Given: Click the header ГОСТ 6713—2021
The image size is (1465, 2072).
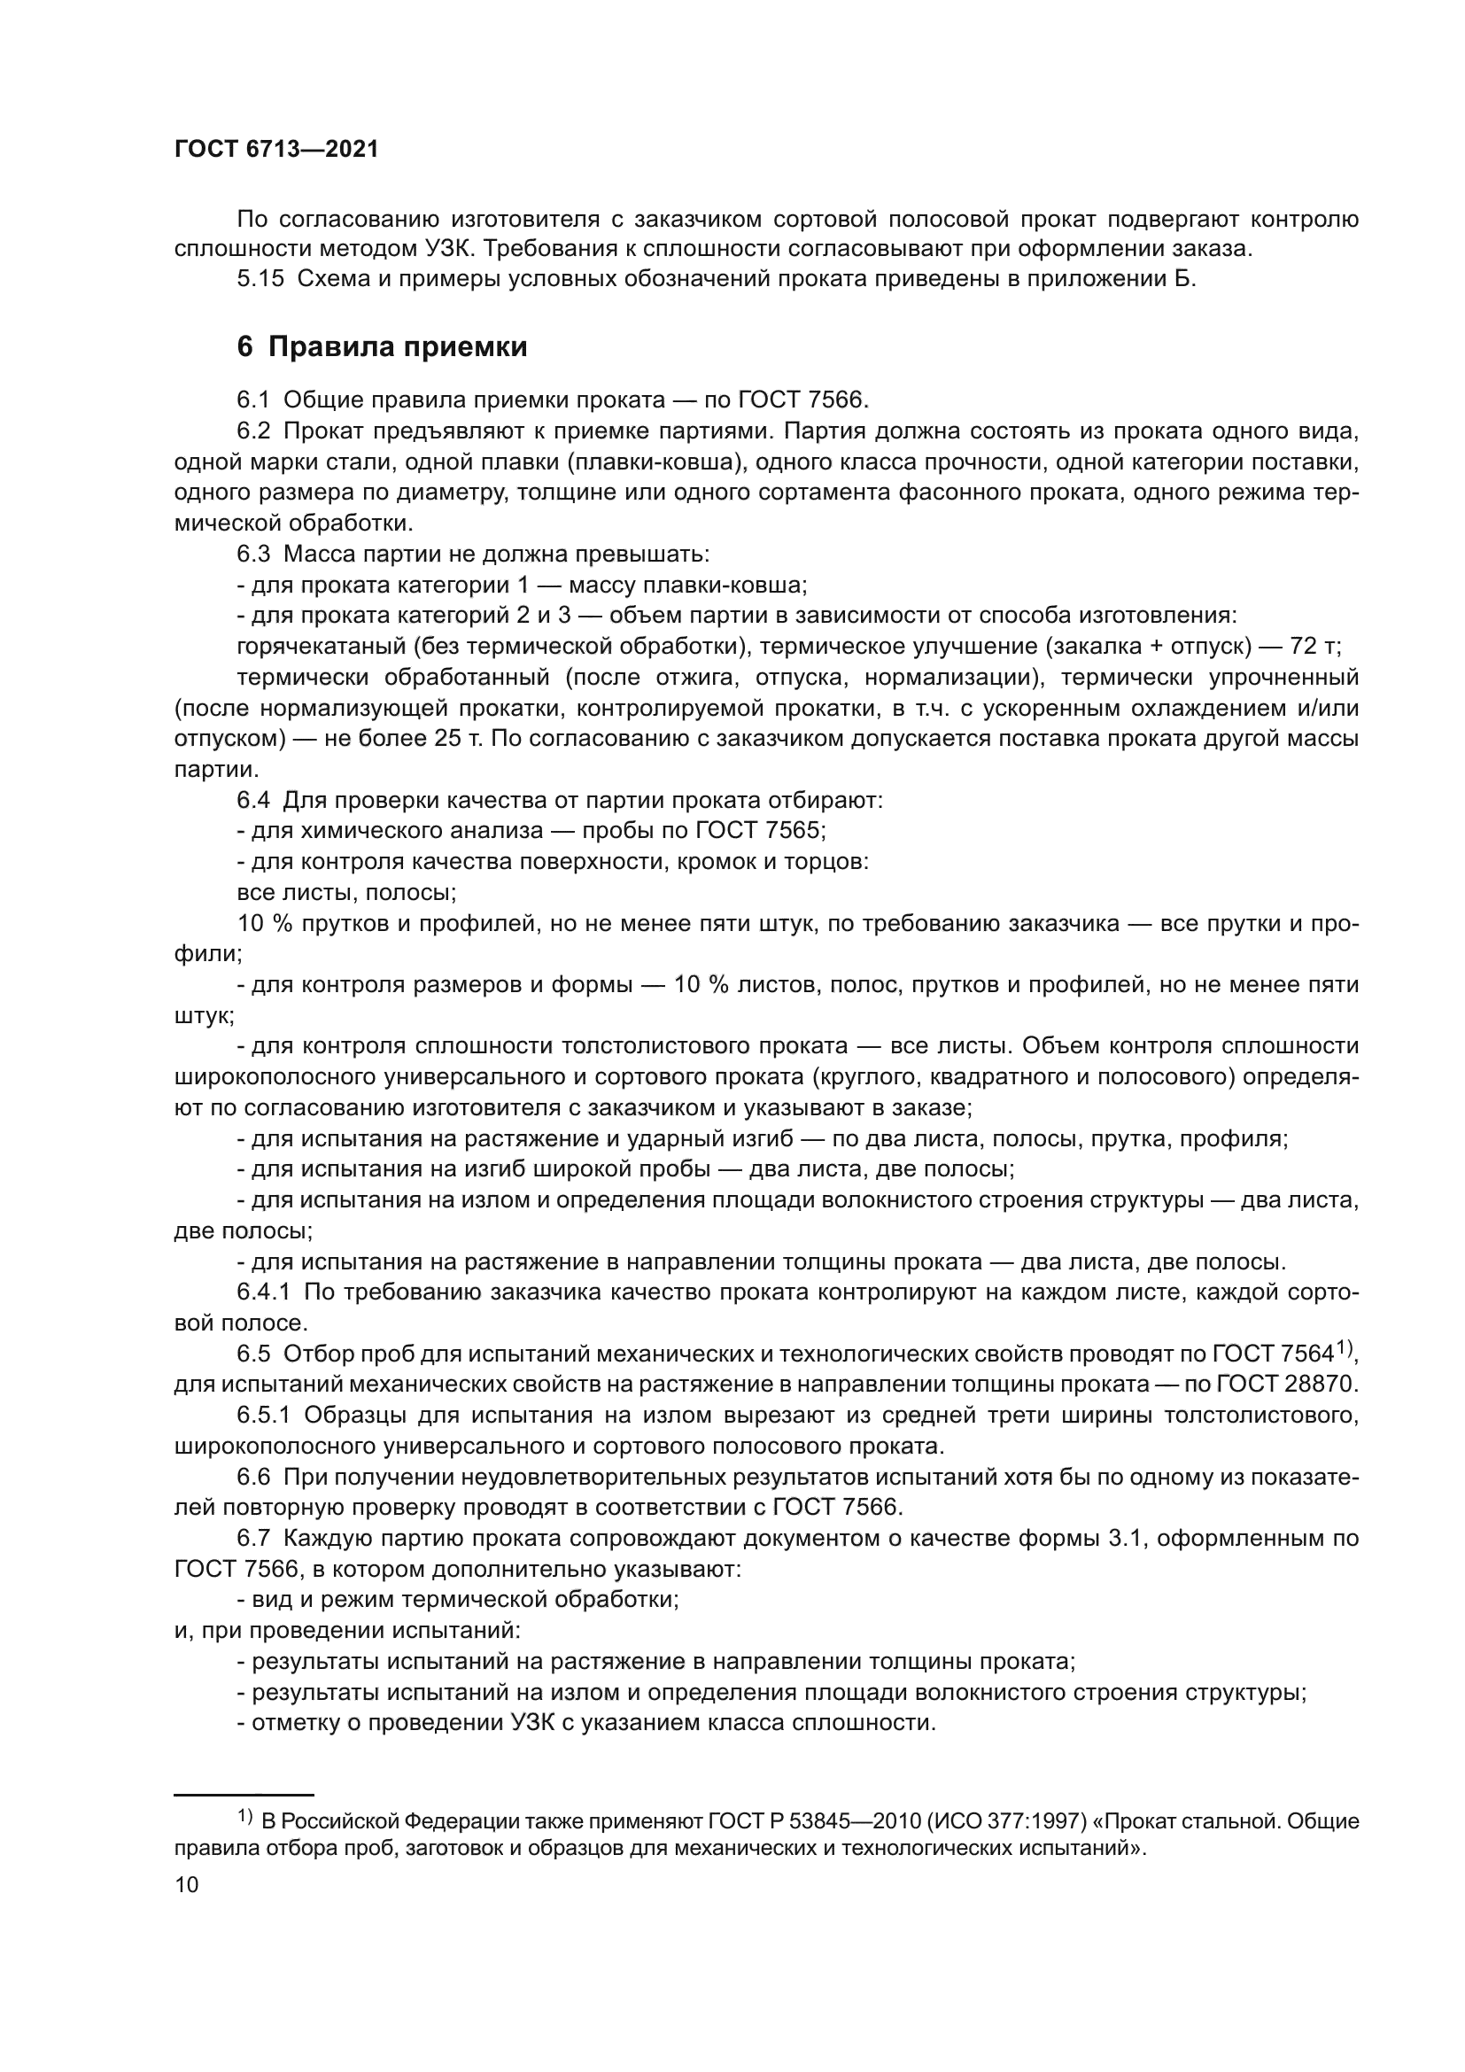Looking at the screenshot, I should (276, 150).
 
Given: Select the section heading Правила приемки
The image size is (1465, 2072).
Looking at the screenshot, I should (397, 346).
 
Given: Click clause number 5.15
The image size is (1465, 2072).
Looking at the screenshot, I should (260, 279).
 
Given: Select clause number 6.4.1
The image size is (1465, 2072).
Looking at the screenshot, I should (263, 1292).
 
